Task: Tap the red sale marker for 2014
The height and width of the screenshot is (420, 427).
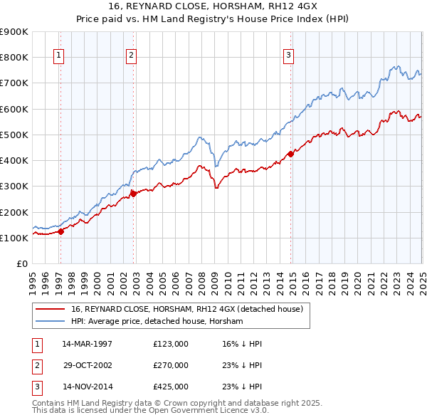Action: coord(290,154)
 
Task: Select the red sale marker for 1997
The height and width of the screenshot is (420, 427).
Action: coord(60,231)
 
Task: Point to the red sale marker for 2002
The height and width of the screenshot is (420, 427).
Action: coord(134,194)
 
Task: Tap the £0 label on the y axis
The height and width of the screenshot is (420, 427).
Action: coord(21,264)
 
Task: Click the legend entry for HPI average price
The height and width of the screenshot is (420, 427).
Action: coord(157,322)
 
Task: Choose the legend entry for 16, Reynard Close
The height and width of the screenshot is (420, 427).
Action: coord(186,309)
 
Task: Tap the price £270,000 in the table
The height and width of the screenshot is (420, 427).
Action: coord(171,365)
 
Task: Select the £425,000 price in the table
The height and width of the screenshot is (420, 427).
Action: coord(171,387)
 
